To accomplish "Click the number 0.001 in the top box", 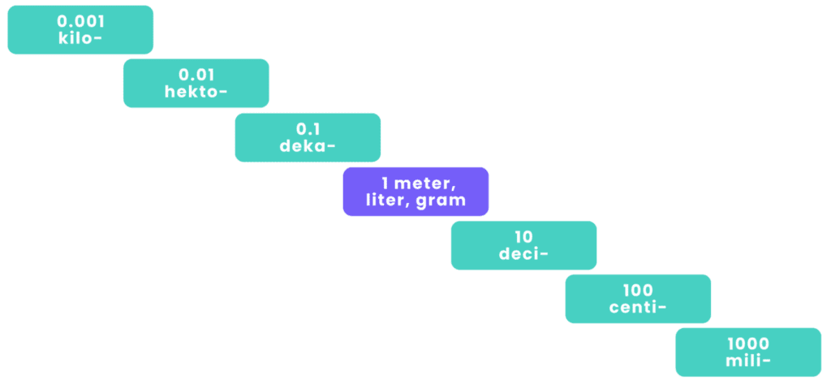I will tap(80, 20).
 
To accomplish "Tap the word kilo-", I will tap(80, 37).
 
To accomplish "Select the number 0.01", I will tap(196, 75).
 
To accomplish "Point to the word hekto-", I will tap(196, 92).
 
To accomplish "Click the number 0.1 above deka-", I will tap(308, 129).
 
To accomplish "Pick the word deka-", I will tap(308, 146).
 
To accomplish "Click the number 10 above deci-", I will tap(523, 237).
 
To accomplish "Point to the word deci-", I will tap(523, 254).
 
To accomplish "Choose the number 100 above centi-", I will tap(638, 290).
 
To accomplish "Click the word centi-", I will tap(638, 307).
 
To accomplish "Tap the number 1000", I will tap(748, 344).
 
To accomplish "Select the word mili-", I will tap(748, 361).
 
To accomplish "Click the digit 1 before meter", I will tap(384, 184).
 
